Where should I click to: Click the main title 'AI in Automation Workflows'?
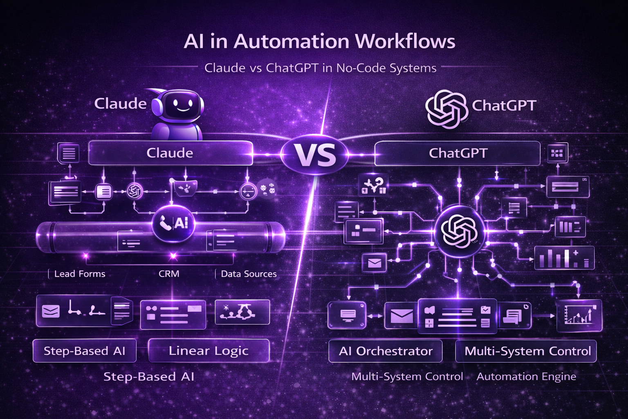(x=319, y=41)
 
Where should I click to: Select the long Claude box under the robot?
(x=170, y=153)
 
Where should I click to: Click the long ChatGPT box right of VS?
(x=458, y=153)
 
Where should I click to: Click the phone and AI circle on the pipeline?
(x=173, y=223)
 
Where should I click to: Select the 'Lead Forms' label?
(x=80, y=274)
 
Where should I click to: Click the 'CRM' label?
(x=169, y=274)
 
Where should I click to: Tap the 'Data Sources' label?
(x=249, y=274)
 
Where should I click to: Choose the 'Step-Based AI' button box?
(x=84, y=351)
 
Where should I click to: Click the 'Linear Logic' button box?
(x=209, y=351)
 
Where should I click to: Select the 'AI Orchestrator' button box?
(x=386, y=351)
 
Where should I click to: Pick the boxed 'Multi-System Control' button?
(x=527, y=351)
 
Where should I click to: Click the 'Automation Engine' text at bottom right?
(x=526, y=376)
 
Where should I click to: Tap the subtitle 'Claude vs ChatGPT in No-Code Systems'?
(x=320, y=68)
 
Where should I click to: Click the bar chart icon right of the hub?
(x=564, y=258)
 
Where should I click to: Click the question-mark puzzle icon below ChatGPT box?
(x=372, y=185)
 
